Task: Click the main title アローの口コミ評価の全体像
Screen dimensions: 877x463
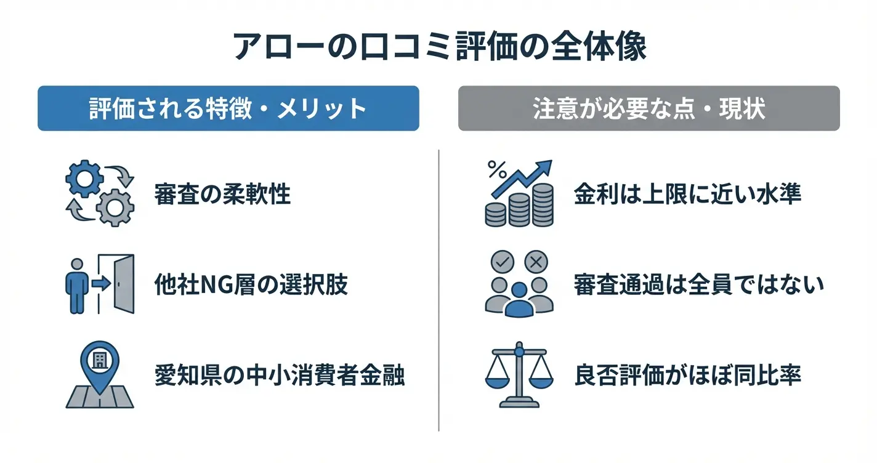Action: pyautogui.click(x=439, y=47)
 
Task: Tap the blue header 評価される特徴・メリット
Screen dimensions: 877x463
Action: pyautogui.click(x=228, y=108)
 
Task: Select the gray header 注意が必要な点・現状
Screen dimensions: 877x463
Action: pyautogui.click(x=649, y=108)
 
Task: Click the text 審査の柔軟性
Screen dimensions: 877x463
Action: pyautogui.click(x=222, y=194)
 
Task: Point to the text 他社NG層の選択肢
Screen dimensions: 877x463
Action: pyautogui.click(x=251, y=284)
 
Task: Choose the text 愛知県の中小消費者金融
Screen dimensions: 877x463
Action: pyautogui.click(x=280, y=375)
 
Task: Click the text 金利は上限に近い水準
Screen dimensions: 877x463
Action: pyautogui.click(x=687, y=194)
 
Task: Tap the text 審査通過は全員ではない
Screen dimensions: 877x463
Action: pyautogui.click(x=699, y=284)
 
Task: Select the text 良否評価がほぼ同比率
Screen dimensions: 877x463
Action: pyautogui.click(x=687, y=375)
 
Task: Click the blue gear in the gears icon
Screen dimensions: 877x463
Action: pyautogui.click(x=84, y=179)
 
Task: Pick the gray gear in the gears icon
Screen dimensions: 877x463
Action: pyautogui.click(x=115, y=208)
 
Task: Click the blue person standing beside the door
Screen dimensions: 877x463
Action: pyautogui.click(x=77, y=286)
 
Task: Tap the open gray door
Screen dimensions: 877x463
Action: pyautogui.click(x=124, y=284)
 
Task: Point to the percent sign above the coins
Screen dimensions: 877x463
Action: pyautogui.click(x=497, y=170)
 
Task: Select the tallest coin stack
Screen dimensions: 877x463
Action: pyautogui.click(x=543, y=205)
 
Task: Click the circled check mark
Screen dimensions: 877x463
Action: pyautogui.click(x=503, y=262)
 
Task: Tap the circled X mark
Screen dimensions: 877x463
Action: pyautogui.click(x=536, y=262)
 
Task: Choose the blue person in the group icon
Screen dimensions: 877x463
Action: pyautogui.click(x=519, y=300)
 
